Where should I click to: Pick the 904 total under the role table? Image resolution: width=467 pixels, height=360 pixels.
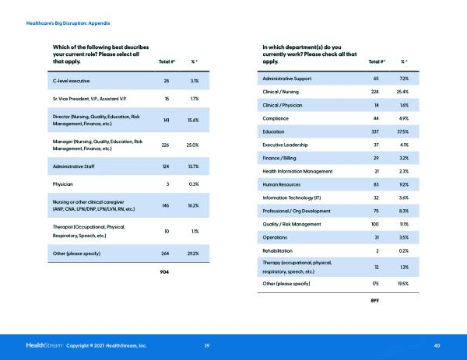tap(165, 271)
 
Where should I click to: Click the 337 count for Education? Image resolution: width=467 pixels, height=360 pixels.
tap(377, 132)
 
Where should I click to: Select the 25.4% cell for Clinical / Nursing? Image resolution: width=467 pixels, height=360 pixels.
tap(403, 92)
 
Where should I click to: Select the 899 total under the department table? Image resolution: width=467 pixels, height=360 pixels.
tap(377, 300)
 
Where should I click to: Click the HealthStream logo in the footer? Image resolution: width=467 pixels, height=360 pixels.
tap(45, 344)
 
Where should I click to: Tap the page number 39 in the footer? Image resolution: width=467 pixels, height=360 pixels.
tap(206, 344)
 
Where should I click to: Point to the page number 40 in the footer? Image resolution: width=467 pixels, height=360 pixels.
tap(437, 344)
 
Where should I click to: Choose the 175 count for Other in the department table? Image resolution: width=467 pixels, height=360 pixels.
tap(377, 284)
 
